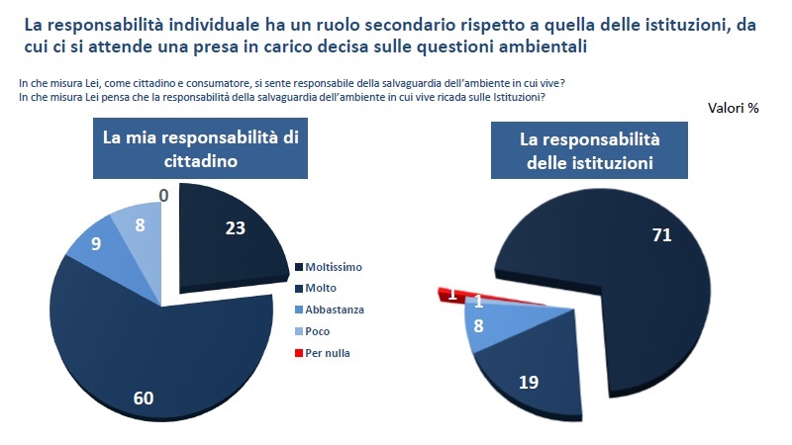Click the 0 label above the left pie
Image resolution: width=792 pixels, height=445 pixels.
click(163, 196)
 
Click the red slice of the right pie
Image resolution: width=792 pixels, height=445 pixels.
click(443, 292)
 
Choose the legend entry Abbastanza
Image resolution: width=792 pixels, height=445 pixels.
click(335, 310)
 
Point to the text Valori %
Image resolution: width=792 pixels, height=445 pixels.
click(734, 108)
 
